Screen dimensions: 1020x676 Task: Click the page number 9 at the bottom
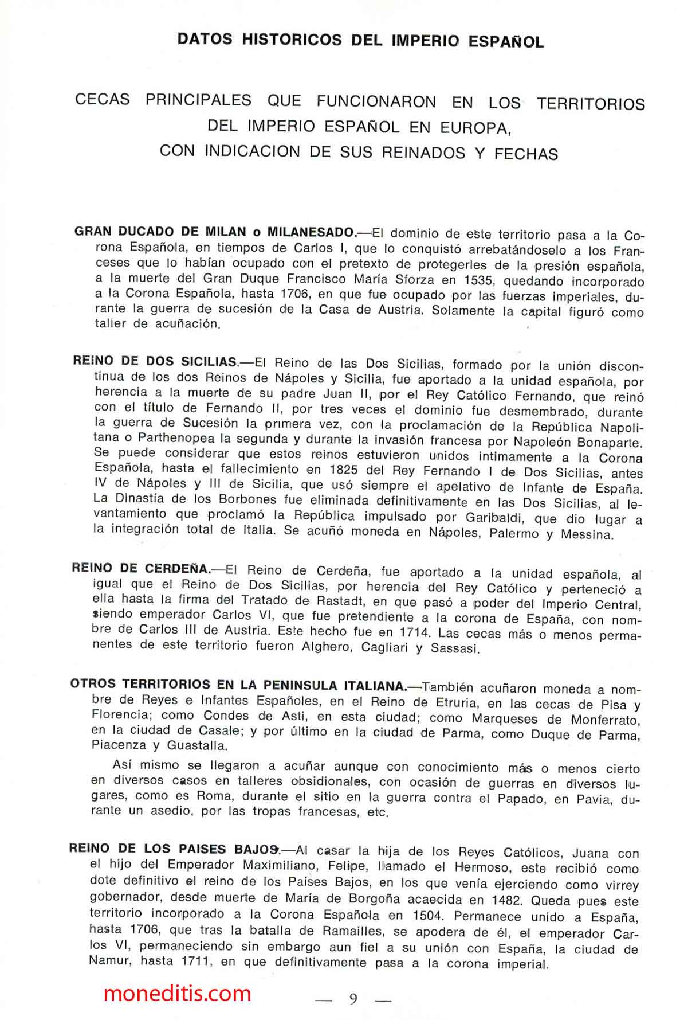coord(353,998)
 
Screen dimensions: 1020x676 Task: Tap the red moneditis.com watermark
coord(177,992)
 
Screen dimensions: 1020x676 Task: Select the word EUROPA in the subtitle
coord(475,128)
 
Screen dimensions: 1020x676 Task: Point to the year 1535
coord(463,281)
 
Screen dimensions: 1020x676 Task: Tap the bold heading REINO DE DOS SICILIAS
coord(155,361)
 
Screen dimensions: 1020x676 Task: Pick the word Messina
coord(587,534)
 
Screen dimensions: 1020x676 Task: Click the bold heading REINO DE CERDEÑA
coord(141,569)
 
